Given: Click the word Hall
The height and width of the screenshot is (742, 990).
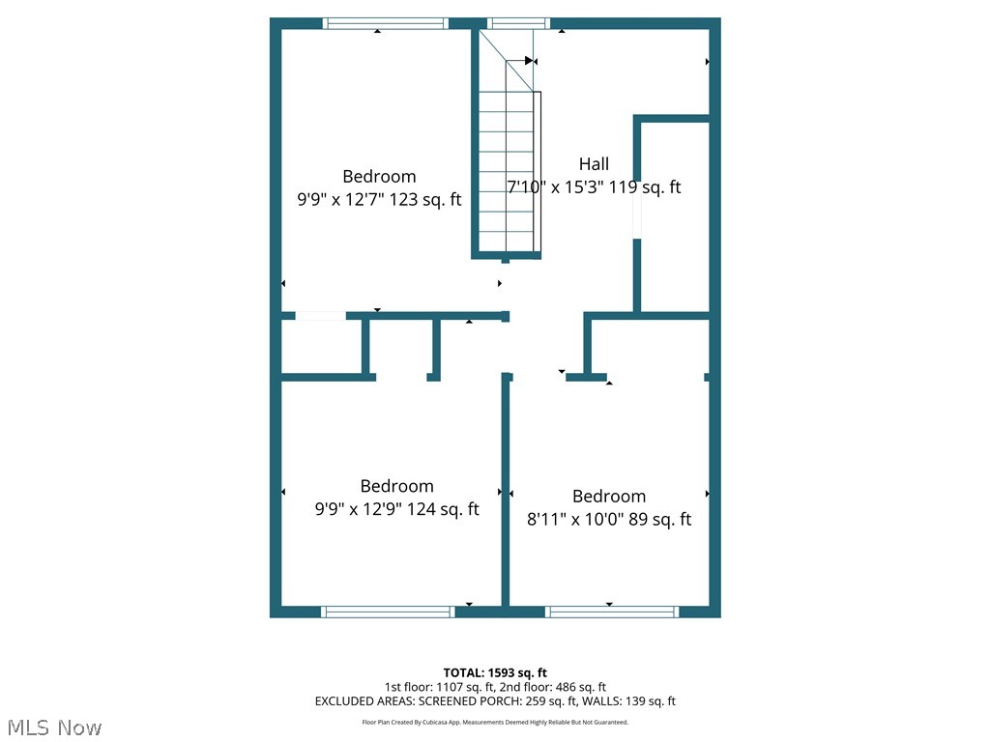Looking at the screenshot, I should click(x=594, y=164).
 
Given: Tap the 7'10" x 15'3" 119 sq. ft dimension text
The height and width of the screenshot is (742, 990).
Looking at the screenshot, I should click(x=594, y=187).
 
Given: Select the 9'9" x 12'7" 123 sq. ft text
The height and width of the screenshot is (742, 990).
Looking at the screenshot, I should click(x=379, y=200).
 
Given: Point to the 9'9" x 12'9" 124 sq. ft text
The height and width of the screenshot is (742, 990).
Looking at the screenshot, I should click(x=396, y=509).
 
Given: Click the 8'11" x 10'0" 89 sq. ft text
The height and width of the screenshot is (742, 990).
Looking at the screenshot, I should click(x=608, y=520).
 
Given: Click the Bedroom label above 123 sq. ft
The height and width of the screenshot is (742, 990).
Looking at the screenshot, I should click(x=379, y=177).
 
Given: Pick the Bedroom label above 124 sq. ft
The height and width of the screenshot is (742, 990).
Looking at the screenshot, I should click(x=396, y=486).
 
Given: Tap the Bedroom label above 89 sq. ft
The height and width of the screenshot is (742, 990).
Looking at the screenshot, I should click(x=608, y=497).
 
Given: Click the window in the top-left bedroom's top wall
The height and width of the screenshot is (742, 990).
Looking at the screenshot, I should click(x=385, y=23).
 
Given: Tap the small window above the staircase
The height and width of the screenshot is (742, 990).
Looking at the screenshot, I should click(x=518, y=23).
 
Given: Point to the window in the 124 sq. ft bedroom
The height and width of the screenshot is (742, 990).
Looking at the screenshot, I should click(x=387, y=612).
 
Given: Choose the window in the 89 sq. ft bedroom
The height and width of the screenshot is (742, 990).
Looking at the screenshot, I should click(x=612, y=612).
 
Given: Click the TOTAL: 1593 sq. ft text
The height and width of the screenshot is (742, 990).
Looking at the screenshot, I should click(x=495, y=672).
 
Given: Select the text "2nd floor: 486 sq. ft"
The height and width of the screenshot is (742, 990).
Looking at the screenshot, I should click(x=552, y=687).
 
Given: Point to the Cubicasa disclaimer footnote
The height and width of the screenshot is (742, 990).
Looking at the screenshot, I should click(x=495, y=722).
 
